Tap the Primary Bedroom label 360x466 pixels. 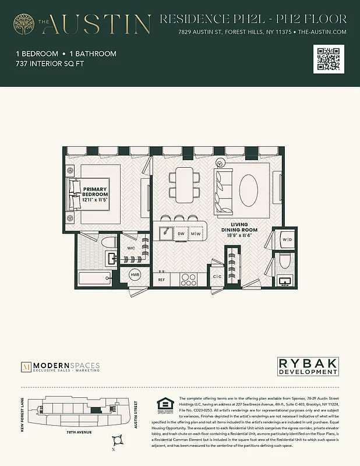tap(96, 192)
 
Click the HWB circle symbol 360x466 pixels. tap(135, 274)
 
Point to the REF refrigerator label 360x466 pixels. tap(162, 280)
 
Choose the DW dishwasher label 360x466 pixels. tap(181, 234)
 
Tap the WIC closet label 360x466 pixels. tap(132, 248)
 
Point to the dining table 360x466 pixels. tap(185, 186)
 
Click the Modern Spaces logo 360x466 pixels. tap(60, 367)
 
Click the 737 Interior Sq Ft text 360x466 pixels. tap(51, 64)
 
